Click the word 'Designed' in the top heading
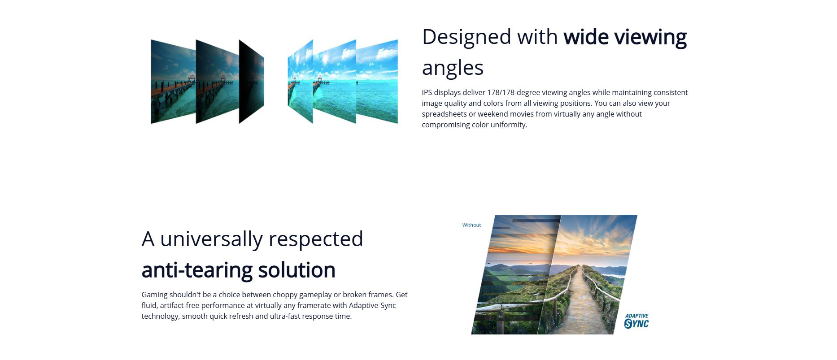tap(466, 37)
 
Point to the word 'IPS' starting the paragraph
tap(427, 93)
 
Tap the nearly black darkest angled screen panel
tap(251, 82)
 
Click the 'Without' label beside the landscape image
tap(471, 225)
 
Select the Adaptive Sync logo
tap(636, 321)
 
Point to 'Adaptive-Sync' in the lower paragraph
tap(372, 306)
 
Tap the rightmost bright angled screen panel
tap(377, 82)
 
